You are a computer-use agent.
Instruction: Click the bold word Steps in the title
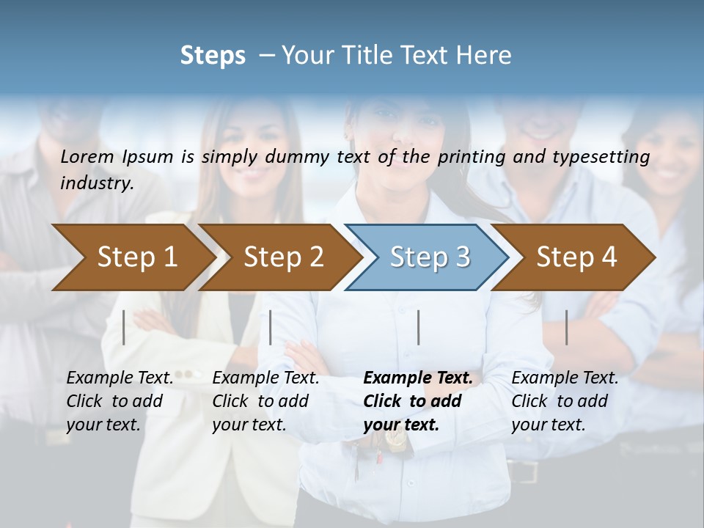tap(213, 55)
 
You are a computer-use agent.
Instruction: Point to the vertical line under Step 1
tap(124, 327)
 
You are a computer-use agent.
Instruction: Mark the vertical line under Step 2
tap(271, 327)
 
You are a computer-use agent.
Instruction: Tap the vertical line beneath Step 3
tap(419, 327)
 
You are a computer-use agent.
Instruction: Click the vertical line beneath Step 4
tap(567, 327)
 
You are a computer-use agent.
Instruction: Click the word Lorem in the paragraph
tap(87, 156)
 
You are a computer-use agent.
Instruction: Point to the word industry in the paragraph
tap(96, 183)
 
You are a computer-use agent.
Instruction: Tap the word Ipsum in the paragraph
tap(147, 156)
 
